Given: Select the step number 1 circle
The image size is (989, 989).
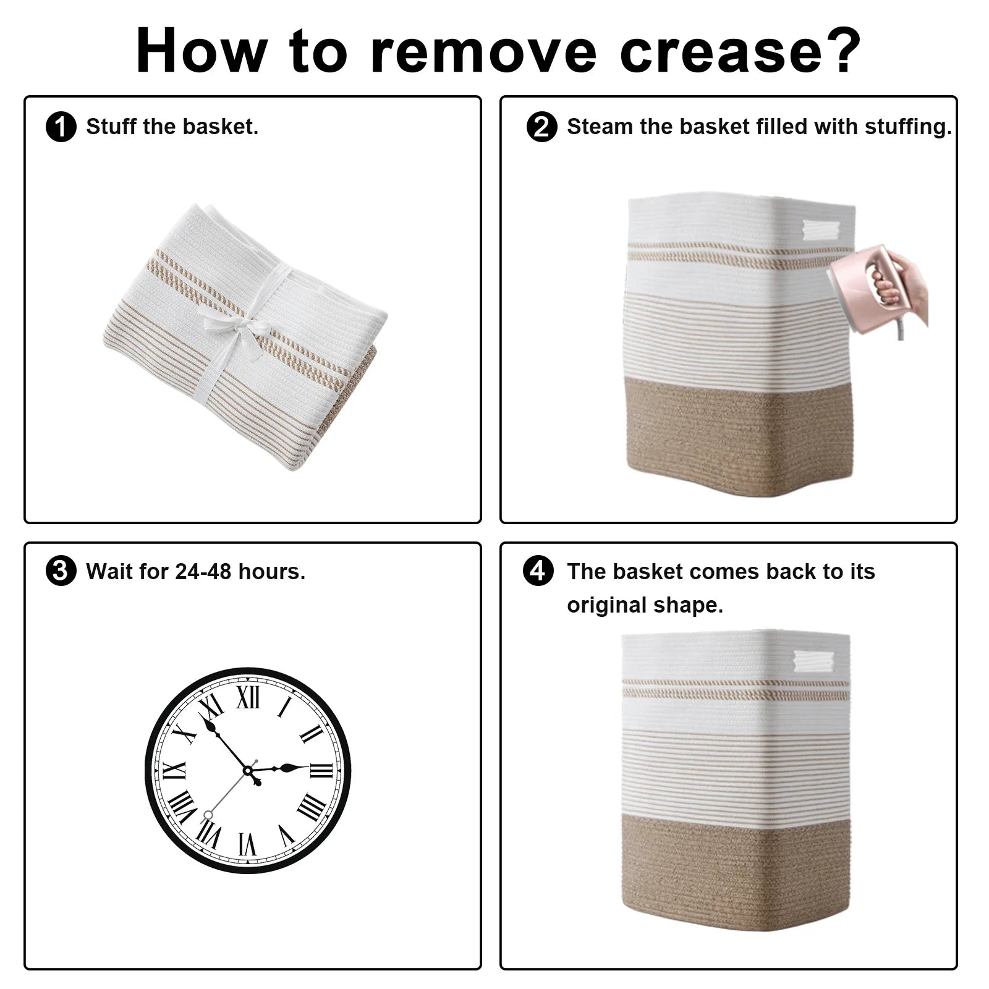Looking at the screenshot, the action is (61, 127).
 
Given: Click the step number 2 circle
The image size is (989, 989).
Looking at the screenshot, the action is (541, 127).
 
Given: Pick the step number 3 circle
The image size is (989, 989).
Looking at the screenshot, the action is (61, 571).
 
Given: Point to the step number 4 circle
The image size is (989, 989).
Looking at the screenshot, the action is (538, 571).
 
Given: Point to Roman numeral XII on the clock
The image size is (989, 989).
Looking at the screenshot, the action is (248, 698).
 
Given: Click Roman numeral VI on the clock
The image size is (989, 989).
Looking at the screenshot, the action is (247, 844).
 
